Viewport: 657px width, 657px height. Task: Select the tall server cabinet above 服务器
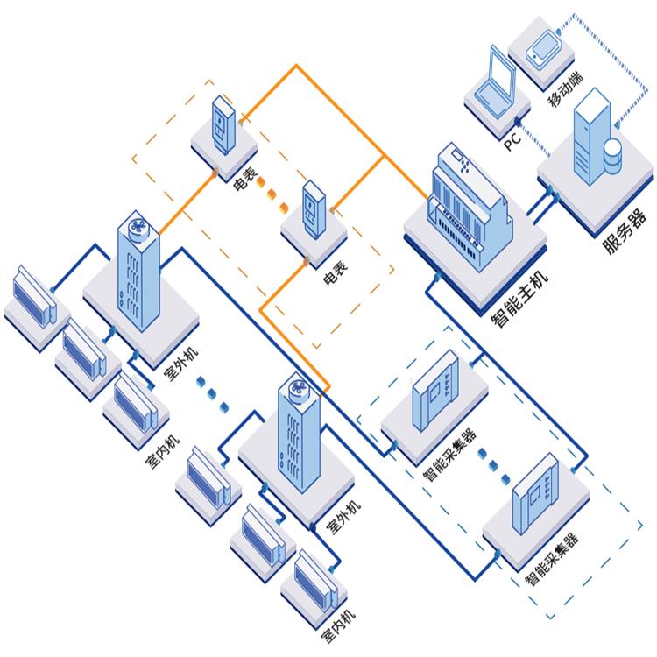click(x=589, y=140)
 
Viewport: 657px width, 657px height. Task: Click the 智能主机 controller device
click(x=468, y=206)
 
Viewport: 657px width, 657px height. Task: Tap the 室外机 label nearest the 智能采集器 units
click(x=343, y=516)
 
